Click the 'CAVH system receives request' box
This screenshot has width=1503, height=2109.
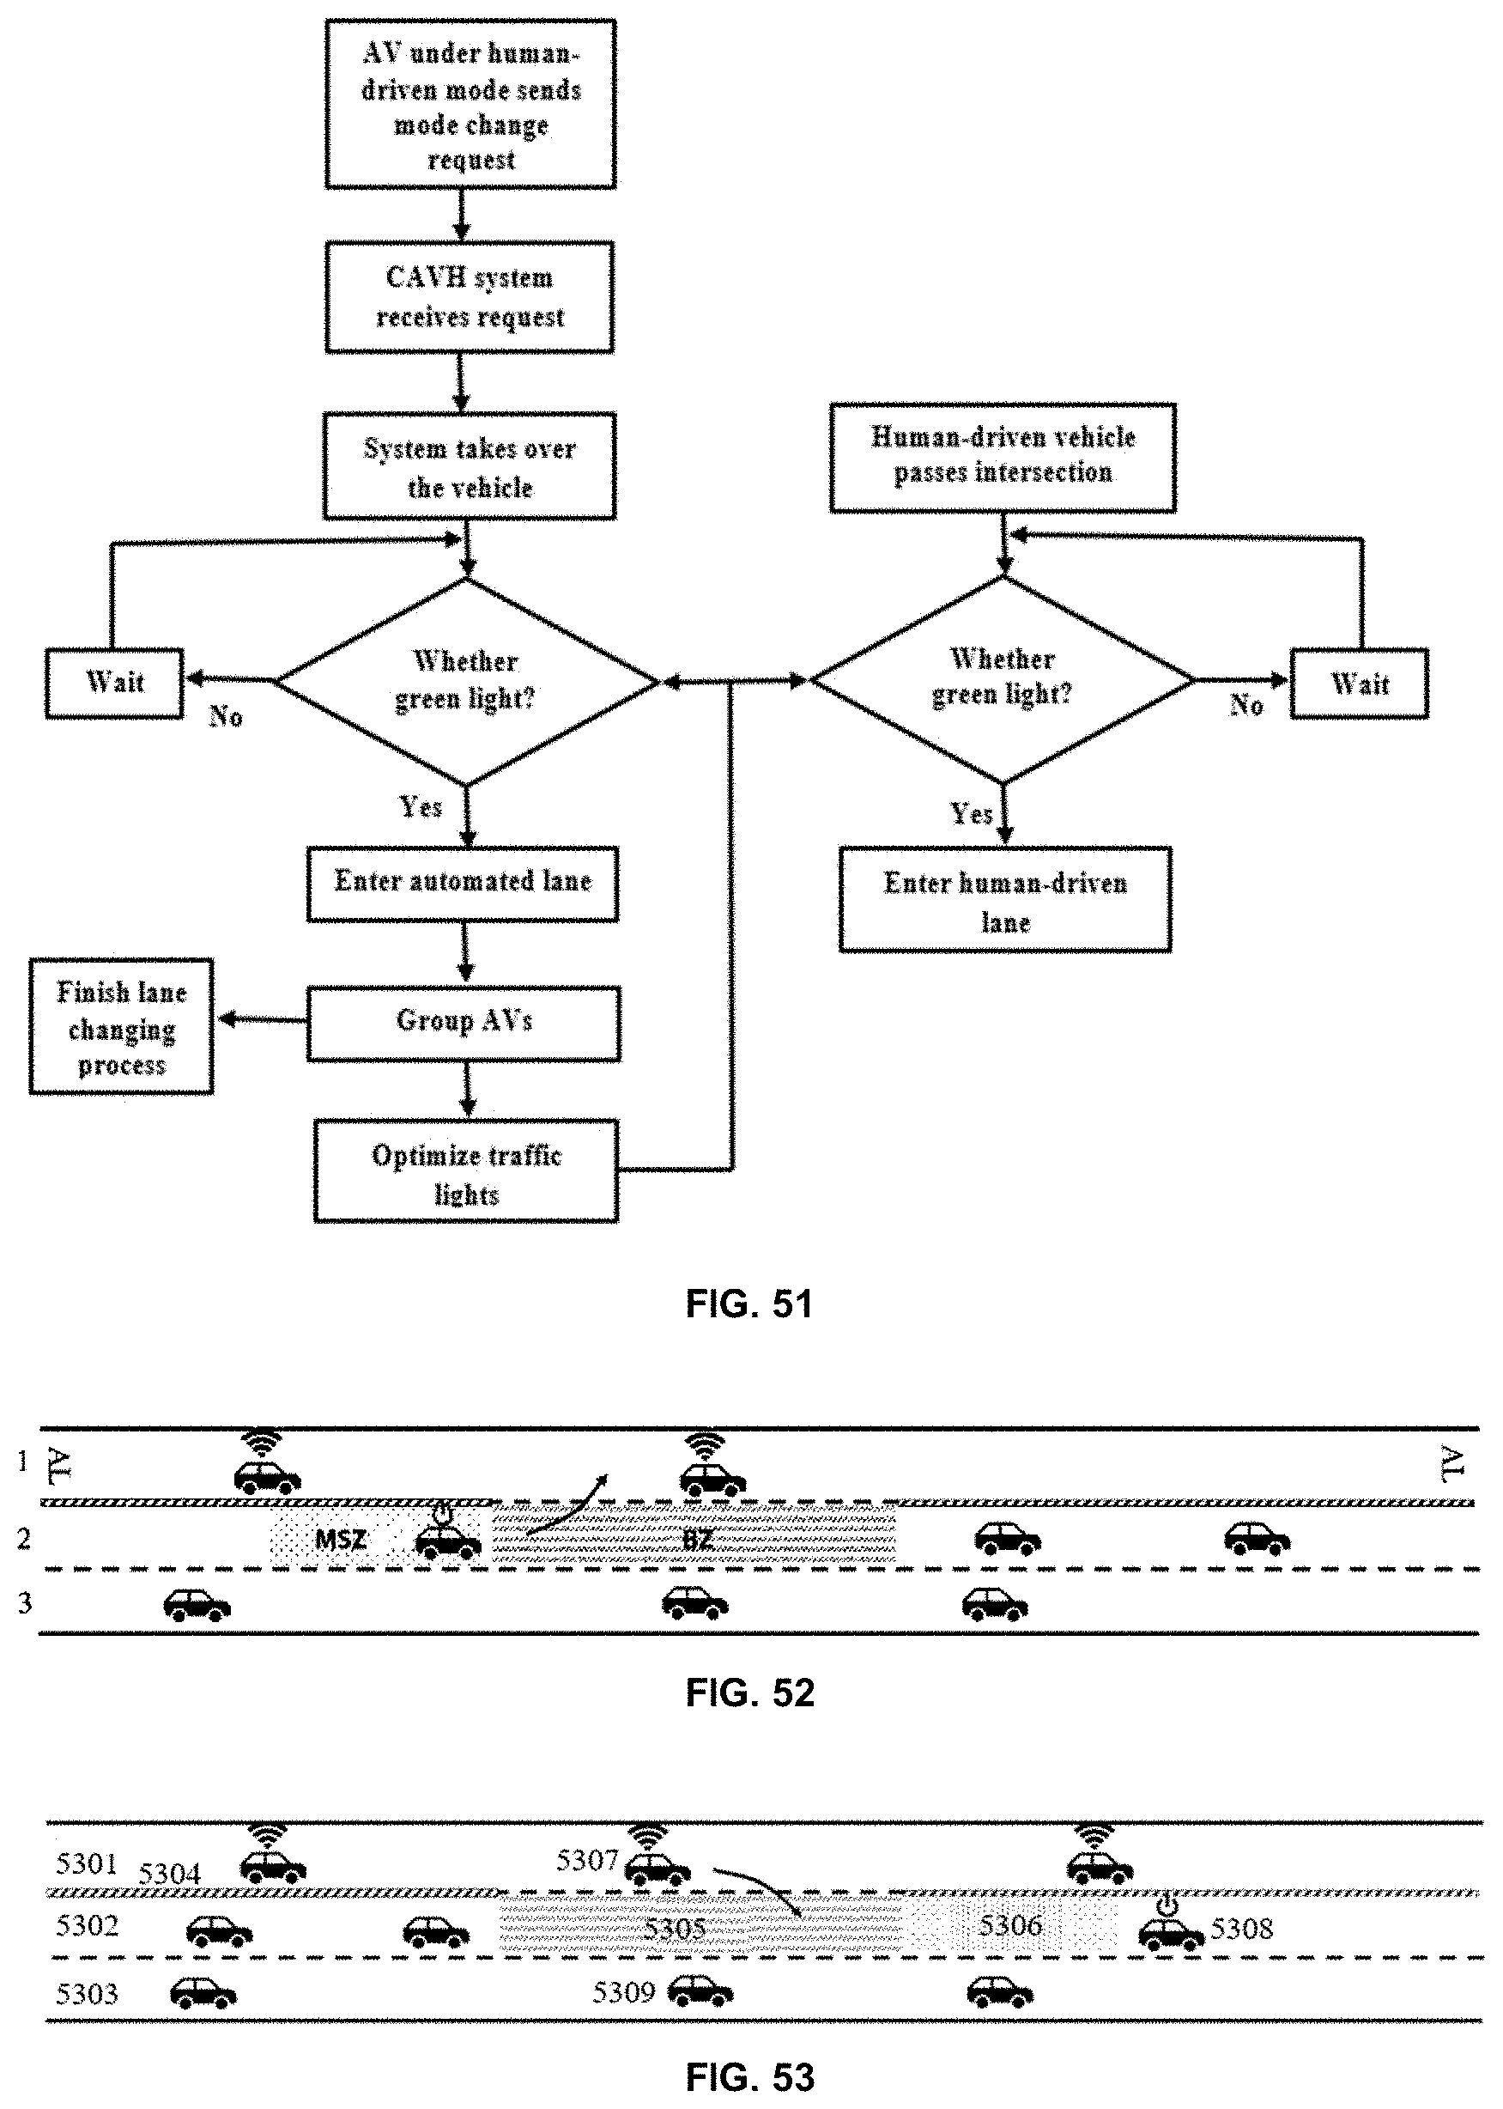[x=470, y=297]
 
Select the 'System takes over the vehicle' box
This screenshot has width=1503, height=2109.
[x=470, y=466]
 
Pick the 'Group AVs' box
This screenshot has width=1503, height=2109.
[x=464, y=1022]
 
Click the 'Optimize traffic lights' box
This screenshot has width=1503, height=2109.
[x=466, y=1172]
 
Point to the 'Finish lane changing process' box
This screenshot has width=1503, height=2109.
[x=121, y=1027]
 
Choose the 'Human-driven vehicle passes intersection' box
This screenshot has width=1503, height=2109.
[x=1003, y=457]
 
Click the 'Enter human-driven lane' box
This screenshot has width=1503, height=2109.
[x=1005, y=900]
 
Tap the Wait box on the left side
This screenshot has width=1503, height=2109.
[x=115, y=684]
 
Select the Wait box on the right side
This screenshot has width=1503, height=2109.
[x=1360, y=684]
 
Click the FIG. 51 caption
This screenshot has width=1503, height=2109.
[x=748, y=1304]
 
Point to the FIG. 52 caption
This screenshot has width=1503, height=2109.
[x=748, y=1693]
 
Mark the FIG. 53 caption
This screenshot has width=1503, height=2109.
[x=748, y=2077]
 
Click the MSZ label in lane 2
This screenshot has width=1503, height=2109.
[x=341, y=1540]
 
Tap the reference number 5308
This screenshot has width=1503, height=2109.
[x=1241, y=1929]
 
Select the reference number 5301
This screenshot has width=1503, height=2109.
[x=87, y=1863]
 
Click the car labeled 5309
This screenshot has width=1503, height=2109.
[x=700, y=1991]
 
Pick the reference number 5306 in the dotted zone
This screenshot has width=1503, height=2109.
[x=1009, y=1926]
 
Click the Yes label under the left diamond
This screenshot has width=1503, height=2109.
[x=421, y=807]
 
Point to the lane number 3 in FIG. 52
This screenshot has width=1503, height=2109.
[x=25, y=1602]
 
